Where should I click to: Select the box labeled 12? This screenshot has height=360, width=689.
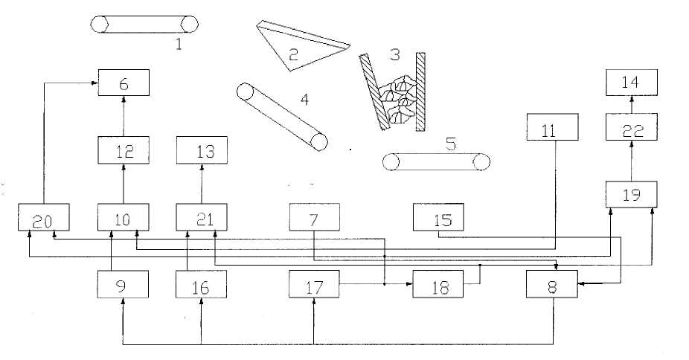coord(124,152)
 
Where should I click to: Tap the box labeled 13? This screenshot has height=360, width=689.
coord(201,152)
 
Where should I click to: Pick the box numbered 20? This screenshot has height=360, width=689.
coord(44,218)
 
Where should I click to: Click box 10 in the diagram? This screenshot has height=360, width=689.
coord(124,218)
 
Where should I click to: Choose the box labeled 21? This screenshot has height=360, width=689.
coord(201,218)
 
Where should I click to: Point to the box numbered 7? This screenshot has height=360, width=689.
coord(314,218)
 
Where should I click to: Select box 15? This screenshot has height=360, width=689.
coord(438,218)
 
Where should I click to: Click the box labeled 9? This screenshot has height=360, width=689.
coord(124,283)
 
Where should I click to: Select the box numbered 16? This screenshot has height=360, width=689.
coord(201,283)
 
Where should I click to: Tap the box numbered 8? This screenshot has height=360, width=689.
coord(552,283)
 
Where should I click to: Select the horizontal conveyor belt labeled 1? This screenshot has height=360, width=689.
coord(145,24)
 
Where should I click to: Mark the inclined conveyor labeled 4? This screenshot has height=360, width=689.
coord(282,116)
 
